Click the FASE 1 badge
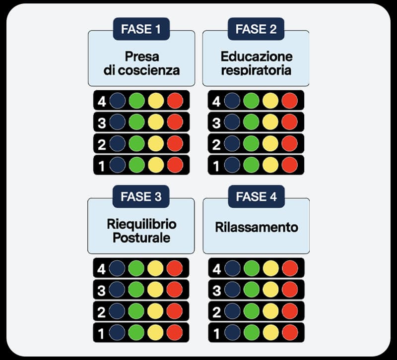click(x=141, y=29)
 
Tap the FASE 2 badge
click(x=256, y=29)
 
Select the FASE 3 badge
click(x=141, y=196)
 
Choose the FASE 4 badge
click(x=256, y=196)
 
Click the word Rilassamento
click(x=256, y=228)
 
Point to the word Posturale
click(x=141, y=238)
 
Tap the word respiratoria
click(x=256, y=70)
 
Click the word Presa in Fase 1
click(x=141, y=56)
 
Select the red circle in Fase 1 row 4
click(x=175, y=101)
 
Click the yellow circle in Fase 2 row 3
click(x=270, y=122)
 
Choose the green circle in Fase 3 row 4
click(x=136, y=268)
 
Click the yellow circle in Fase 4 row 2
click(x=270, y=311)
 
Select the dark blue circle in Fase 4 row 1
click(x=232, y=332)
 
